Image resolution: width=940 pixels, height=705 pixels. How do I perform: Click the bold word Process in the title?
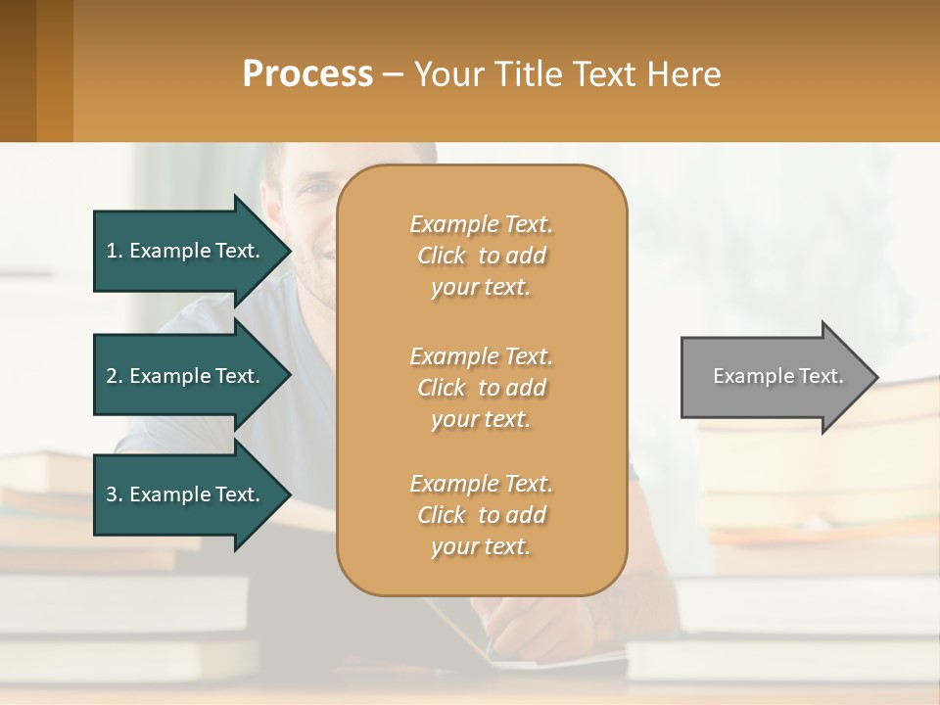(307, 74)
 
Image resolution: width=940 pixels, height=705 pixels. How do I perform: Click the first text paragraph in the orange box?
(481, 256)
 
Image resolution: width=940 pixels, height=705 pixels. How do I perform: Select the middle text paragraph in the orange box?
(481, 388)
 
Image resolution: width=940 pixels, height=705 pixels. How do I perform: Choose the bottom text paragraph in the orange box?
(481, 515)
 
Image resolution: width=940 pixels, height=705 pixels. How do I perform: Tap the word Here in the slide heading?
(684, 74)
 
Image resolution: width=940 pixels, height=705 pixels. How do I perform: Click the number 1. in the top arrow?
(115, 251)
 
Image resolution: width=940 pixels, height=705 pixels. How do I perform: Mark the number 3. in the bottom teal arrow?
(115, 494)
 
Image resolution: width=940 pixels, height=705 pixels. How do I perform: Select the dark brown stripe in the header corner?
(18, 70)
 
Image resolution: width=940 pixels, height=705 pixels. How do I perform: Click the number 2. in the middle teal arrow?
(115, 376)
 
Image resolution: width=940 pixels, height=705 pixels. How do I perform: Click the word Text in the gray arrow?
(822, 376)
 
